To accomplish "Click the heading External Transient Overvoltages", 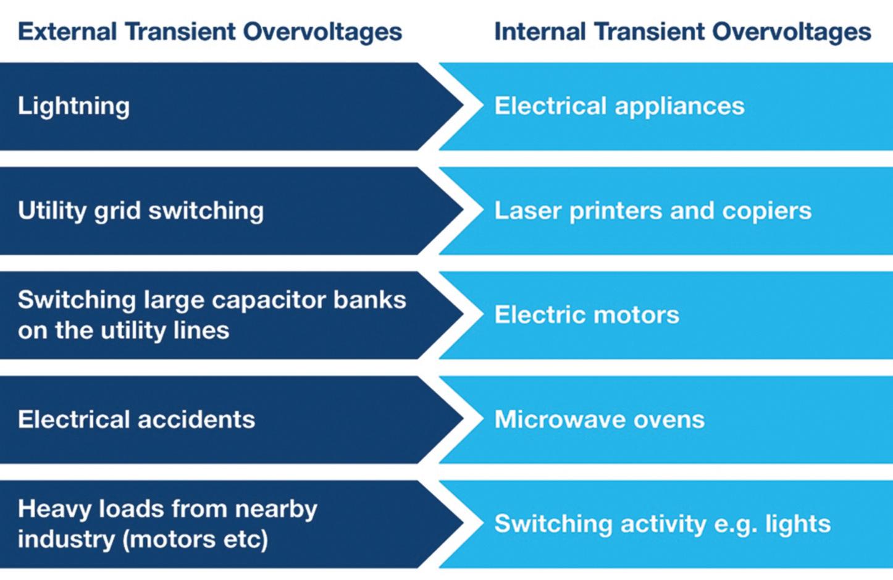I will click(210, 32).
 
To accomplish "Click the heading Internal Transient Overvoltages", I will click(682, 32).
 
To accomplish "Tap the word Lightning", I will click(73, 106).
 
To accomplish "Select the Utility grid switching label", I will click(141, 211).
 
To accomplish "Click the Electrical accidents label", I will click(136, 420).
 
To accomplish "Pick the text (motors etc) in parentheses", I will click(195, 540).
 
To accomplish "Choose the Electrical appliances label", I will click(619, 106).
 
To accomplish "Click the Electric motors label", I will click(587, 315).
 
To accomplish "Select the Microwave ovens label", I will click(599, 420).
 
